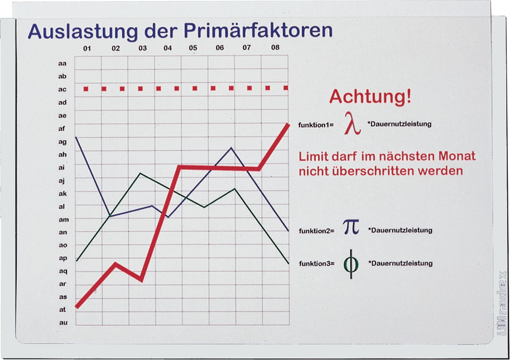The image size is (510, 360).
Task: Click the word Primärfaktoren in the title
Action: point(258,31)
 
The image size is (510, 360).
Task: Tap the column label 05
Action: point(193,48)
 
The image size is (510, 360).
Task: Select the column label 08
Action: point(275,47)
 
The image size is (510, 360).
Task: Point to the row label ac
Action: point(62,89)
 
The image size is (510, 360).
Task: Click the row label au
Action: point(63,323)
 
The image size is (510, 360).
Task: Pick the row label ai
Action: point(61,167)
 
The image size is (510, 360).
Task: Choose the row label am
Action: point(64,219)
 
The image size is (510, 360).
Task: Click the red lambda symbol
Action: point(353,123)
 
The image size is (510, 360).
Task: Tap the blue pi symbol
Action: point(352,227)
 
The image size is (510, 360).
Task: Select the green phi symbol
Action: point(351,264)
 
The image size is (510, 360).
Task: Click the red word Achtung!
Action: point(371,97)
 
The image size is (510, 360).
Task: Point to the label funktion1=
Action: point(316,124)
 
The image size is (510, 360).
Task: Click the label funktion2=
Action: point(316,231)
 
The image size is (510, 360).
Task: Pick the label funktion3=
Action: point(317,263)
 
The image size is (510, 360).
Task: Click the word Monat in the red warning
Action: point(456,156)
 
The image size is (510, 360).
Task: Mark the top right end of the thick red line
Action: point(288,124)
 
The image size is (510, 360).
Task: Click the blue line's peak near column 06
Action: point(231,148)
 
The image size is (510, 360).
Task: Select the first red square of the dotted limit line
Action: point(86,89)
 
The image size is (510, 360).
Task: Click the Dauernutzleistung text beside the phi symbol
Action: point(401,263)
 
